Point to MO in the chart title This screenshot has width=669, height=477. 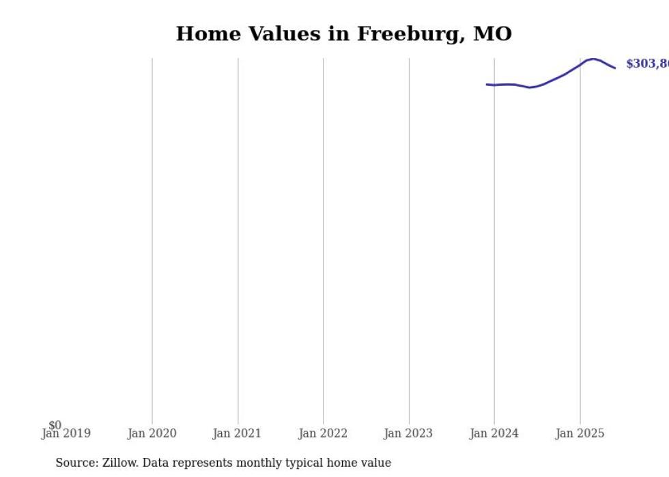point(492,34)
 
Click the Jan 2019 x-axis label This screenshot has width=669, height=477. point(66,433)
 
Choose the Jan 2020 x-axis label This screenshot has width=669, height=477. point(152,433)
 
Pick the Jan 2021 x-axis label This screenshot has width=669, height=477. point(237,433)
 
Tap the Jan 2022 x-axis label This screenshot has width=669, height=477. point(323,433)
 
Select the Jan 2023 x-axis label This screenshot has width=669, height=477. point(408,433)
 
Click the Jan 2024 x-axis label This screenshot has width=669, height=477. point(494,433)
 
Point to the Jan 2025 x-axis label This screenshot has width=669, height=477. point(580,433)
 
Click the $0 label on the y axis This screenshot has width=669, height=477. point(55,425)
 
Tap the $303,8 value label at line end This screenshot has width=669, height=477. point(646,64)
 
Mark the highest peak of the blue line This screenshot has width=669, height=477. point(593,59)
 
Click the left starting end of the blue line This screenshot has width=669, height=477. point(487,85)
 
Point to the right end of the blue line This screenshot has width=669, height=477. point(615,68)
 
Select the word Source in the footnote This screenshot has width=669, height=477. point(76,463)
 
